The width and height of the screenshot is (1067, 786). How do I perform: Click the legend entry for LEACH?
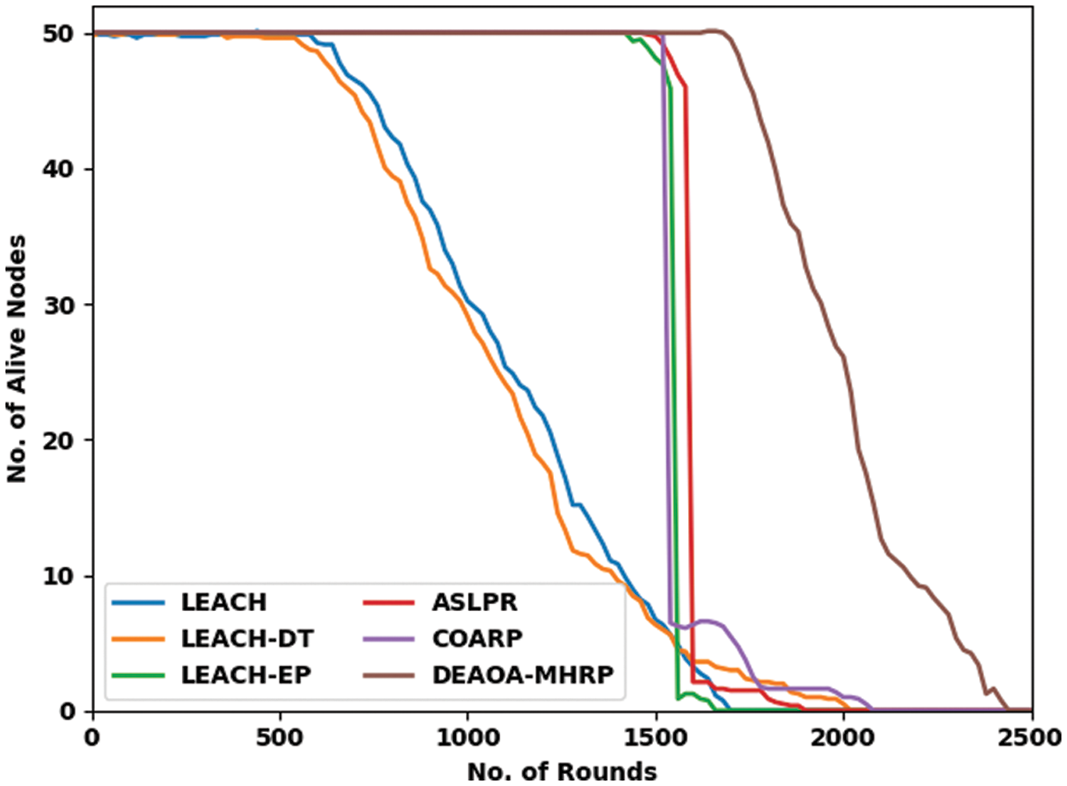point(224,602)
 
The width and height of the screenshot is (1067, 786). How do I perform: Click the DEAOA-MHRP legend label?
point(523,674)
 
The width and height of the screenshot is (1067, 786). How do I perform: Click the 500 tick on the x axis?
point(281,737)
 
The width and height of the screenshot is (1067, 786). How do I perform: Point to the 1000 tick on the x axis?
point(468,737)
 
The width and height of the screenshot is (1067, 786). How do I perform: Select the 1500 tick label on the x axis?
point(656,737)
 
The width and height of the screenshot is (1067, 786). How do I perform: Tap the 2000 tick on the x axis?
point(843,737)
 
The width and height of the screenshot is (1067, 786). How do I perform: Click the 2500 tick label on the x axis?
point(1030,737)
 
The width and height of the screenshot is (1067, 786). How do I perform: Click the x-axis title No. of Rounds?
point(562,771)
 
